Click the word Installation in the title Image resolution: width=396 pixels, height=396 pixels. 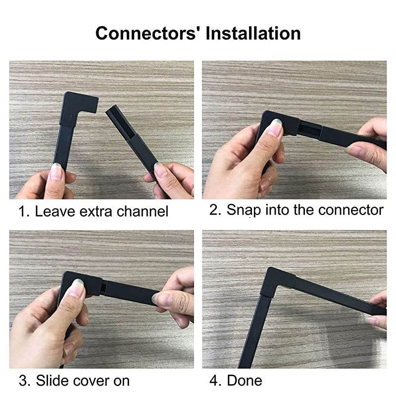[x=253, y=34]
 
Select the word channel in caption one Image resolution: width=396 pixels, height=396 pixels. [x=143, y=212]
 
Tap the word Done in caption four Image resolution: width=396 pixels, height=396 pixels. [x=245, y=381]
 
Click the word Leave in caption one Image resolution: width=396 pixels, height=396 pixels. [x=52, y=212]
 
